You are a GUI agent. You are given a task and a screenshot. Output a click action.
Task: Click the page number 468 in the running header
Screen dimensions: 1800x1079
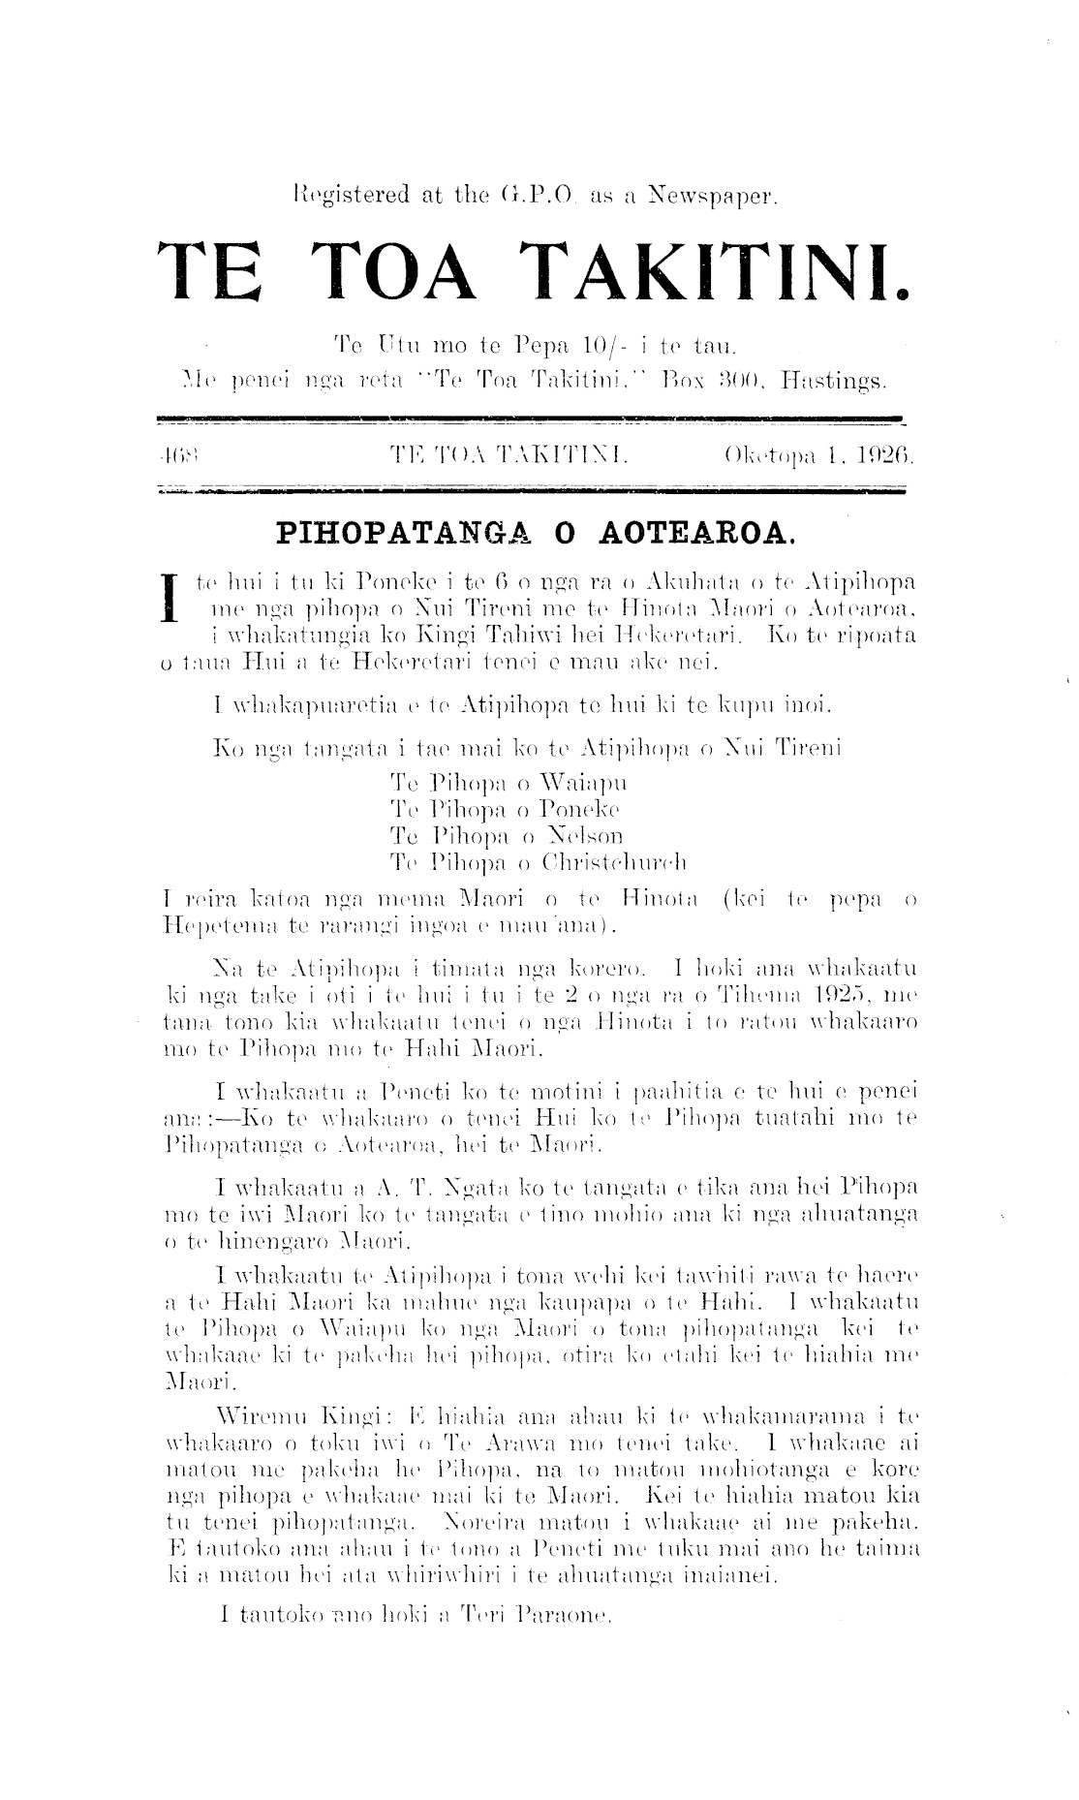pos(177,452)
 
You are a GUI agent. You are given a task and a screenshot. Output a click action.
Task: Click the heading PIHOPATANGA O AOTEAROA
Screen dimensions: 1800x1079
pos(536,532)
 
